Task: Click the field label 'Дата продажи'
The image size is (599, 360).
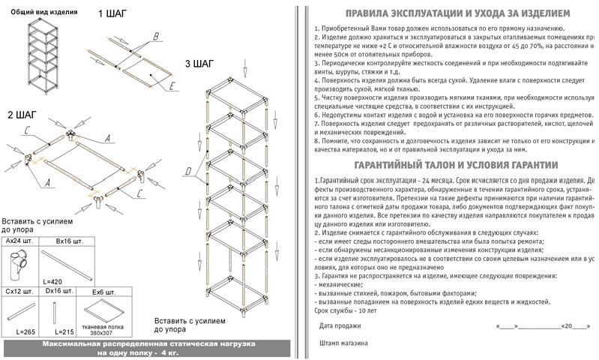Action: (340, 325)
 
